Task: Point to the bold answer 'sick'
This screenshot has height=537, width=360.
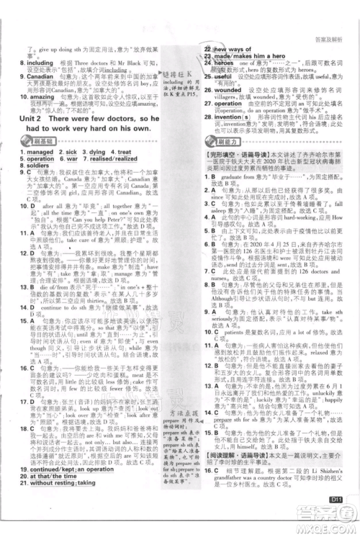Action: [73, 134]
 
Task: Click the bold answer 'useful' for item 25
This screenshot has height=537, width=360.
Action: [221, 76]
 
